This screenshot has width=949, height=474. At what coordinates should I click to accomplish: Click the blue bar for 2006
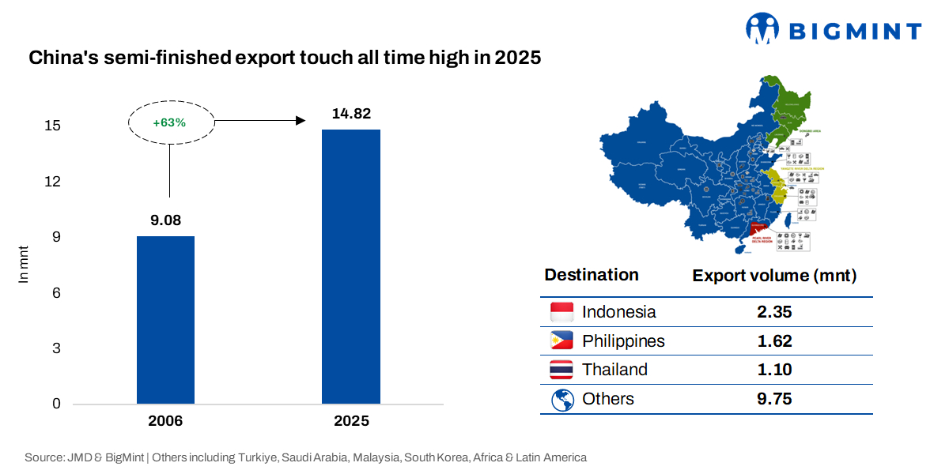165,320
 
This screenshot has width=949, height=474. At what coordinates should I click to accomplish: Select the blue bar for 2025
350,266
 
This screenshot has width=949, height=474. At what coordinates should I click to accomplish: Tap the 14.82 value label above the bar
350,114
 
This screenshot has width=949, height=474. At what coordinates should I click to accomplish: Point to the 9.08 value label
165,220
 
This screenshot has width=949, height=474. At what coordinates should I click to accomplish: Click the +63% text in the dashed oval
171,122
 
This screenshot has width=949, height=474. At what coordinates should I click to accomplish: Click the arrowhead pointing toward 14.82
301,120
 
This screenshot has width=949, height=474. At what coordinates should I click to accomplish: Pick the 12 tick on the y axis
52,182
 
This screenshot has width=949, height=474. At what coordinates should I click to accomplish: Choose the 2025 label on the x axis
350,421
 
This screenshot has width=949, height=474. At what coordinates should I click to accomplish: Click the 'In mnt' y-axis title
23,265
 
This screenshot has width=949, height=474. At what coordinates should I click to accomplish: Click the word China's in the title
60,58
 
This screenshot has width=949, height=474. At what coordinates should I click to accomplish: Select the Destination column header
592,275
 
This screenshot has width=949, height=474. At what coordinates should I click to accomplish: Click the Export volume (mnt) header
774,276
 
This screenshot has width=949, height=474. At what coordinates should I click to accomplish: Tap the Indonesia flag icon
561,312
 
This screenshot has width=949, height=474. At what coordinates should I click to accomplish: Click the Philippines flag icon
561,341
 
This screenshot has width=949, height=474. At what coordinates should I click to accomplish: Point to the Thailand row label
614,370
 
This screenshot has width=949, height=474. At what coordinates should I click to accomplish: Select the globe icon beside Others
561,400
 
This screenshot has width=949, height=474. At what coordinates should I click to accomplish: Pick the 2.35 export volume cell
774,312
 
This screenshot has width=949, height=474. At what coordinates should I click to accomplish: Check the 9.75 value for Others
774,399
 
